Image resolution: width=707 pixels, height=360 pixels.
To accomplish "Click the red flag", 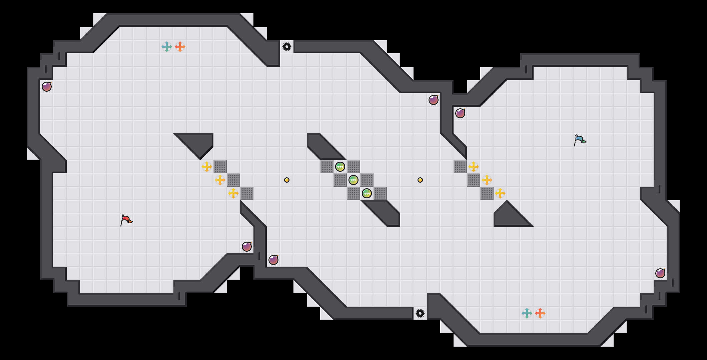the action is pyautogui.click(x=126, y=220).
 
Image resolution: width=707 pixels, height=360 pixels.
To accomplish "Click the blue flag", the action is pyautogui.click(x=580, y=140).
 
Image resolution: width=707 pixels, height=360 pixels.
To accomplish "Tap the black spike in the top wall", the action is pyautogui.click(x=287, y=47).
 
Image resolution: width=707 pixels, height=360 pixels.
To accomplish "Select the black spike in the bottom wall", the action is pyautogui.click(x=420, y=313).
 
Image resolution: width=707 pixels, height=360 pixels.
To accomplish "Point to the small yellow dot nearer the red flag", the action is pyautogui.click(x=287, y=180).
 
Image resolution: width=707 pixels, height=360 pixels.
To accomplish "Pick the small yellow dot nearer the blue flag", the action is pyautogui.click(x=420, y=180).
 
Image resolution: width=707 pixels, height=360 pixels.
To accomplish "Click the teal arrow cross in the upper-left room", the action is pyautogui.click(x=167, y=47).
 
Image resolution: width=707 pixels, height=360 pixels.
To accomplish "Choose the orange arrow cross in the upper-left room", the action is pyautogui.click(x=180, y=47).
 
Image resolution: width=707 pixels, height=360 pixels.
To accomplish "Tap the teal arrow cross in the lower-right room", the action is pyautogui.click(x=527, y=313).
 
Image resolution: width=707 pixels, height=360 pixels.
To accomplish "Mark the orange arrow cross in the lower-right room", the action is pyautogui.click(x=540, y=313).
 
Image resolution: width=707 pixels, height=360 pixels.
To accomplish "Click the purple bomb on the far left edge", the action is pyautogui.click(x=47, y=87).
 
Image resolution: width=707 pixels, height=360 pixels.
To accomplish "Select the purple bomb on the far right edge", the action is pyautogui.click(x=660, y=273).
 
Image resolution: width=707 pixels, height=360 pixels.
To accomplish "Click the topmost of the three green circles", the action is pyautogui.click(x=340, y=167).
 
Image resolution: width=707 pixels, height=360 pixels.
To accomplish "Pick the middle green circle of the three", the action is pyautogui.click(x=353, y=180).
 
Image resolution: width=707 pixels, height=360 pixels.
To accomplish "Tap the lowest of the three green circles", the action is pyautogui.click(x=367, y=193).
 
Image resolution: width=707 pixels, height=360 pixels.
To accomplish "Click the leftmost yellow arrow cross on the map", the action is pyautogui.click(x=207, y=167).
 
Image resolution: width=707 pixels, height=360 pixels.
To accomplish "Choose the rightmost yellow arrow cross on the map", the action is pyautogui.click(x=500, y=193).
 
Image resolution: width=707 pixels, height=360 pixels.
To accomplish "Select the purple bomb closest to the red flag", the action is pyautogui.click(x=247, y=247).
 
